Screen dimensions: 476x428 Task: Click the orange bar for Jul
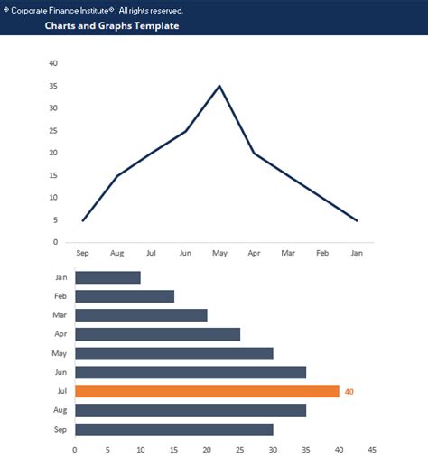[207, 391]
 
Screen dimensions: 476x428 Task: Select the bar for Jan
[107, 277]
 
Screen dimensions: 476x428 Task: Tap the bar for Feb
[124, 296]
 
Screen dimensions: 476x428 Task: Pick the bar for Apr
[157, 334]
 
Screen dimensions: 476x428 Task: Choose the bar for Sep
[173, 429]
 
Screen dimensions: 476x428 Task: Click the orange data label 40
[349, 391]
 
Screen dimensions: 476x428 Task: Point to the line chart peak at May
[219, 86]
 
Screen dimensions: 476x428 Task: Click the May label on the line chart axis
[219, 254]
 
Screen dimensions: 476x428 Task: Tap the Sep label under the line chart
[82, 254]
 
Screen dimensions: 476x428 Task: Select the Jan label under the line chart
[357, 254]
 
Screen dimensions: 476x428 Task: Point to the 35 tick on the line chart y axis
[54, 86]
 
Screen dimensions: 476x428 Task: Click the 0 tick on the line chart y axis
[56, 242]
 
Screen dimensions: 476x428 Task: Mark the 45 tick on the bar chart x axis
[372, 450]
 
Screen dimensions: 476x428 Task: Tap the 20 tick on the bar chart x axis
[207, 450]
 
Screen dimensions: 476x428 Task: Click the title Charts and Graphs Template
[112, 26]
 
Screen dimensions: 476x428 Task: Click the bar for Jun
[190, 372]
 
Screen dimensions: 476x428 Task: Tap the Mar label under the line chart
[288, 254]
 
